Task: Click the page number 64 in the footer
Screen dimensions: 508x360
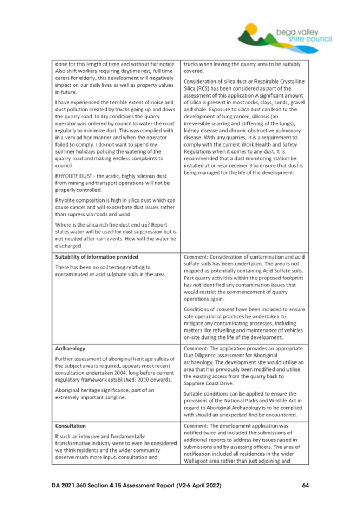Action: click(305, 486)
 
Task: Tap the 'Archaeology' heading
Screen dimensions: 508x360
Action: click(69, 349)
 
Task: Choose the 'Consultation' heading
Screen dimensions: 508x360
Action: click(70, 426)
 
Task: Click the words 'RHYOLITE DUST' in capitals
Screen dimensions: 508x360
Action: click(74, 176)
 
